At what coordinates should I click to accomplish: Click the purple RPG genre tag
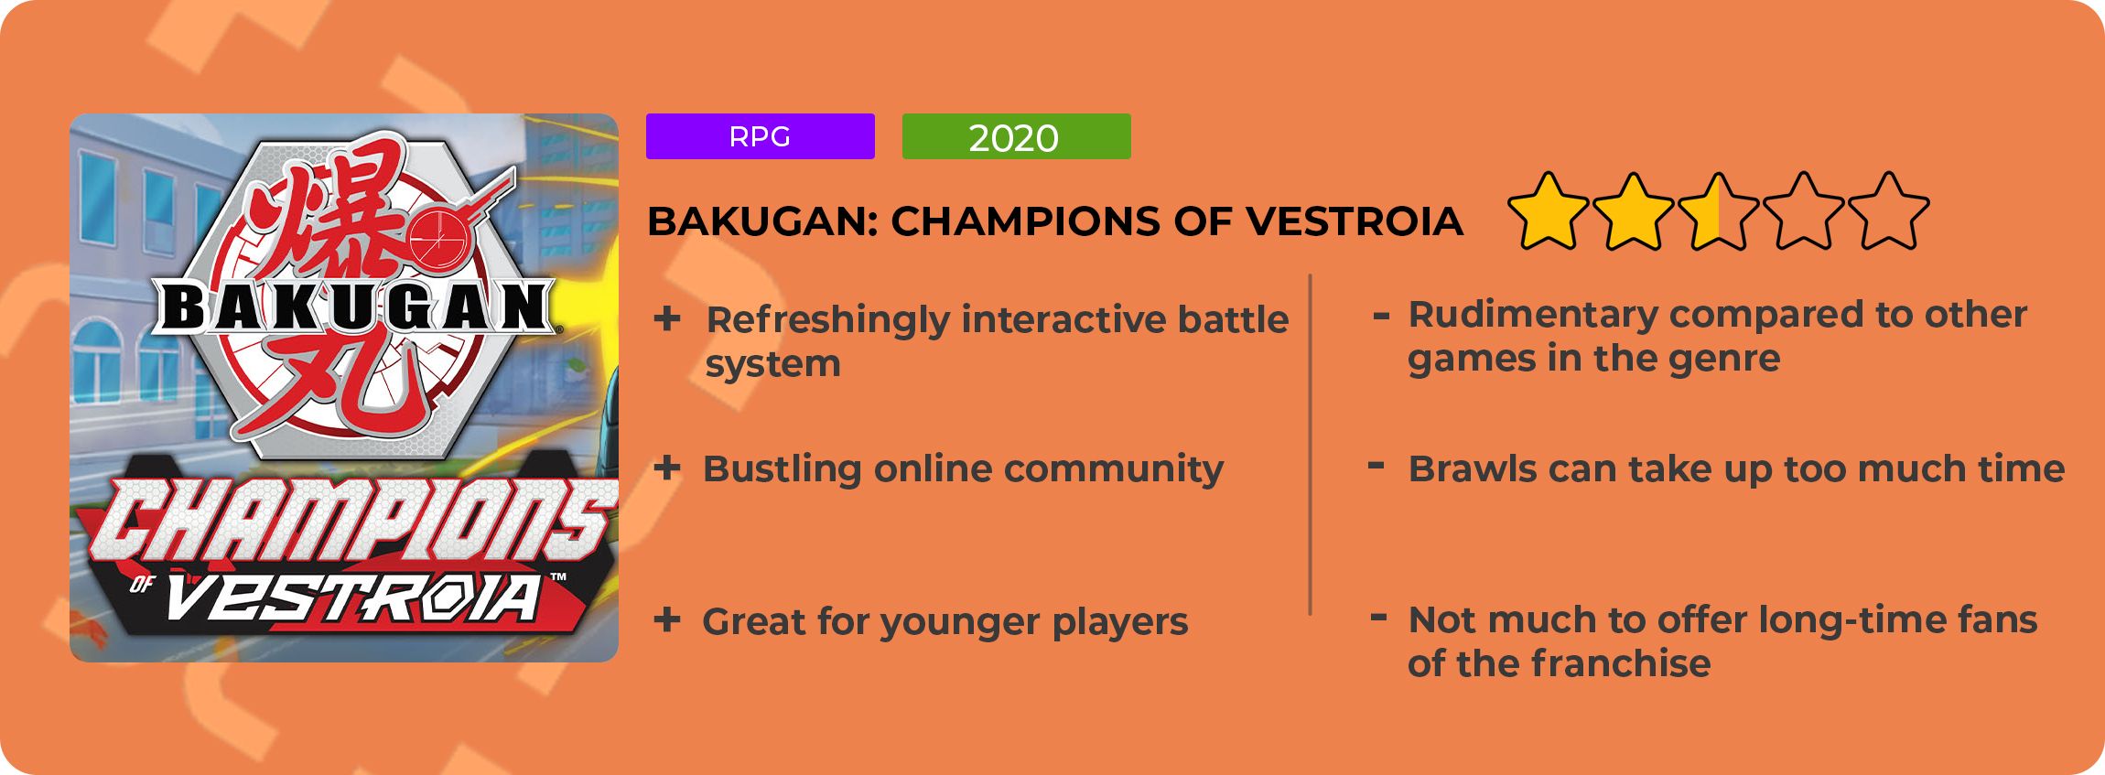[760, 136]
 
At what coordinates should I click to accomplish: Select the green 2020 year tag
[1016, 136]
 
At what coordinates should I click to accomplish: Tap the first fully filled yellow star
[1549, 211]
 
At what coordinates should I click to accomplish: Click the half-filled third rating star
[1718, 211]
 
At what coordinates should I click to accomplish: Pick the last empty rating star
[1888, 211]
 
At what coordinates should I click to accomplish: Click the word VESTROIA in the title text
[1355, 221]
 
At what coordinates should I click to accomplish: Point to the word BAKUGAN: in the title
[762, 221]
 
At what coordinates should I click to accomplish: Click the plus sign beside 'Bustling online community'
[667, 468]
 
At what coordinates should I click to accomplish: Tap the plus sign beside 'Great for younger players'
[667, 620]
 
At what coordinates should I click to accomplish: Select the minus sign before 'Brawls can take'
[1376, 466]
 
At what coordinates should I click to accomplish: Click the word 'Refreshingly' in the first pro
[828, 321]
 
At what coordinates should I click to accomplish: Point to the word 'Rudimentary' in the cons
[1533, 316]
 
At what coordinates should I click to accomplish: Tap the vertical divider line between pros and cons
[1311, 445]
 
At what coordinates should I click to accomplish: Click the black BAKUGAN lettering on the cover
[355, 307]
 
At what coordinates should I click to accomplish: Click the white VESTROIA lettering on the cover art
[352, 599]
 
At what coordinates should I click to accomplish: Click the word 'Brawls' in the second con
[1471, 468]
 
